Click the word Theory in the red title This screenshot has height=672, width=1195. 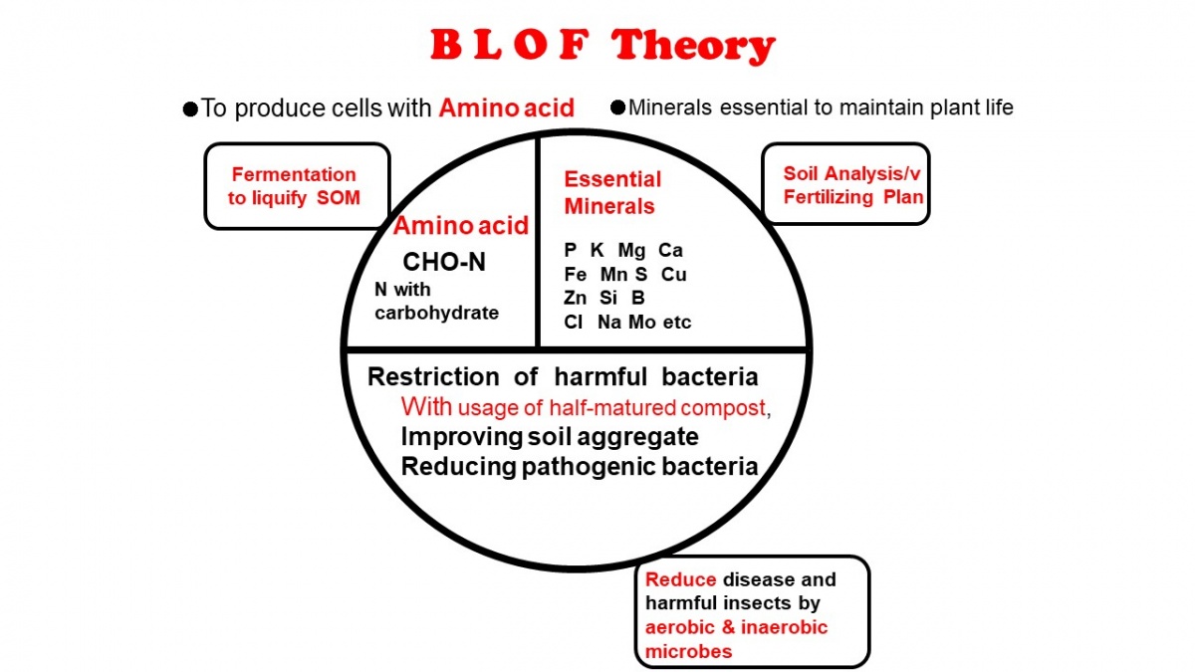(x=692, y=46)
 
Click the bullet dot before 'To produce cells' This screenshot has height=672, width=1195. (x=190, y=110)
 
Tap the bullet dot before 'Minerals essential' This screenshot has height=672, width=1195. (x=617, y=108)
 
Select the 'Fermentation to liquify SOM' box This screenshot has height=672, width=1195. (x=297, y=186)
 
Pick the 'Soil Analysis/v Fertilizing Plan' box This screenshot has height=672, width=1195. (x=845, y=183)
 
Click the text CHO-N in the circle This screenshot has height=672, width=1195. (x=444, y=262)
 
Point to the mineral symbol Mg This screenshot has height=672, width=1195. (x=631, y=251)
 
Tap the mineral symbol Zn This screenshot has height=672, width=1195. (x=576, y=298)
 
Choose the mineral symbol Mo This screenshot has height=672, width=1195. (x=641, y=323)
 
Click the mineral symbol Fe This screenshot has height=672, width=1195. (x=576, y=275)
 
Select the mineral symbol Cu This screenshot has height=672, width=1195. (x=673, y=275)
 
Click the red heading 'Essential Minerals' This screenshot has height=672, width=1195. (x=612, y=192)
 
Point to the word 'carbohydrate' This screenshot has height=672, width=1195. (x=436, y=313)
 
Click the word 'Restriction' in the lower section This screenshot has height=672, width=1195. (x=433, y=377)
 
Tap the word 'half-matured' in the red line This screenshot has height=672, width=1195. (x=612, y=408)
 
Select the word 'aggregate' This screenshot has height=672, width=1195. (x=637, y=438)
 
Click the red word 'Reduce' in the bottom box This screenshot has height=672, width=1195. (x=681, y=579)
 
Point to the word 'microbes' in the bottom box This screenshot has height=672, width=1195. (x=689, y=652)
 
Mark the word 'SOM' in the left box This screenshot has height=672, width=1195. (x=339, y=198)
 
